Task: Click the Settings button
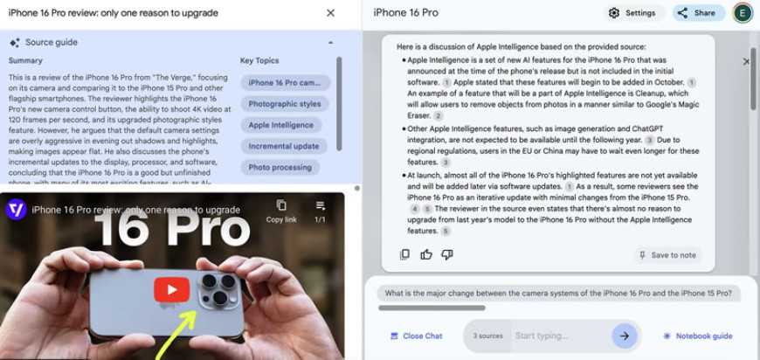[634, 13]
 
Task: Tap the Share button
[699, 13]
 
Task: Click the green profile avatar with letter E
[743, 13]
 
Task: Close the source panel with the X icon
[330, 13]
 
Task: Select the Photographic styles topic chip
[285, 104]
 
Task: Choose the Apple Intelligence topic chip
[281, 125]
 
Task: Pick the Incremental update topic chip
[284, 146]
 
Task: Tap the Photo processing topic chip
[280, 167]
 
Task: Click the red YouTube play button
[171, 290]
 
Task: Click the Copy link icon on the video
[281, 211]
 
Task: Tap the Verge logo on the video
[16, 210]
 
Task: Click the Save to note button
[667, 255]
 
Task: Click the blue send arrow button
[625, 336]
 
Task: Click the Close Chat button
[417, 336]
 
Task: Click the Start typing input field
[560, 336]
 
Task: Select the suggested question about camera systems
[558, 293]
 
